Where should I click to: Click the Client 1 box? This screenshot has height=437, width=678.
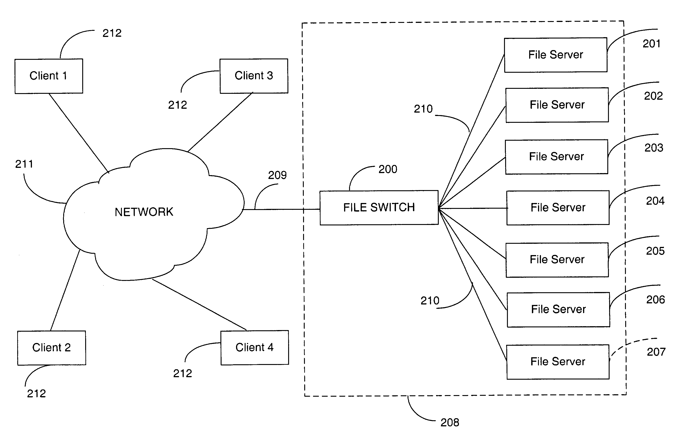click(x=49, y=76)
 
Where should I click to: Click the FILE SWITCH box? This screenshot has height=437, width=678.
click(x=379, y=208)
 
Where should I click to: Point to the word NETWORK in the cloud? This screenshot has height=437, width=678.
click(x=144, y=212)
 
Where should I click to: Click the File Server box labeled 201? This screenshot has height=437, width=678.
click(x=555, y=55)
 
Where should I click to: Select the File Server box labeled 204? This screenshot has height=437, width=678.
click(x=558, y=208)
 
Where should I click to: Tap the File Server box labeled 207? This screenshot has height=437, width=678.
click(x=558, y=362)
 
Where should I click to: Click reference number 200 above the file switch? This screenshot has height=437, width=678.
click(x=388, y=169)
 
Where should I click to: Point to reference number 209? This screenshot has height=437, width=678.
click(x=277, y=175)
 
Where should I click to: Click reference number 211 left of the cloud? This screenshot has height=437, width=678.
click(x=24, y=164)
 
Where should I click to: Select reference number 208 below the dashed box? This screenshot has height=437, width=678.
click(x=450, y=423)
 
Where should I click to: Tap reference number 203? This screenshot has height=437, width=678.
click(x=654, y=148)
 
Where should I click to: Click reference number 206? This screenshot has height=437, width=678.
click(x=655, y=300)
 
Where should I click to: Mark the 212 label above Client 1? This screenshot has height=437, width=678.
click(x=112, y=33)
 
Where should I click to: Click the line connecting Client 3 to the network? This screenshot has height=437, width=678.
click(x=220, y=122)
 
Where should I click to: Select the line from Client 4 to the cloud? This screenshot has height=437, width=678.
click(x=199, y=304)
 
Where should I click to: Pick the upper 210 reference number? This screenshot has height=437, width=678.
click(x=423, y=109)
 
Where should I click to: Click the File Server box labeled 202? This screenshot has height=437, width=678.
click(x=557, y=105)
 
